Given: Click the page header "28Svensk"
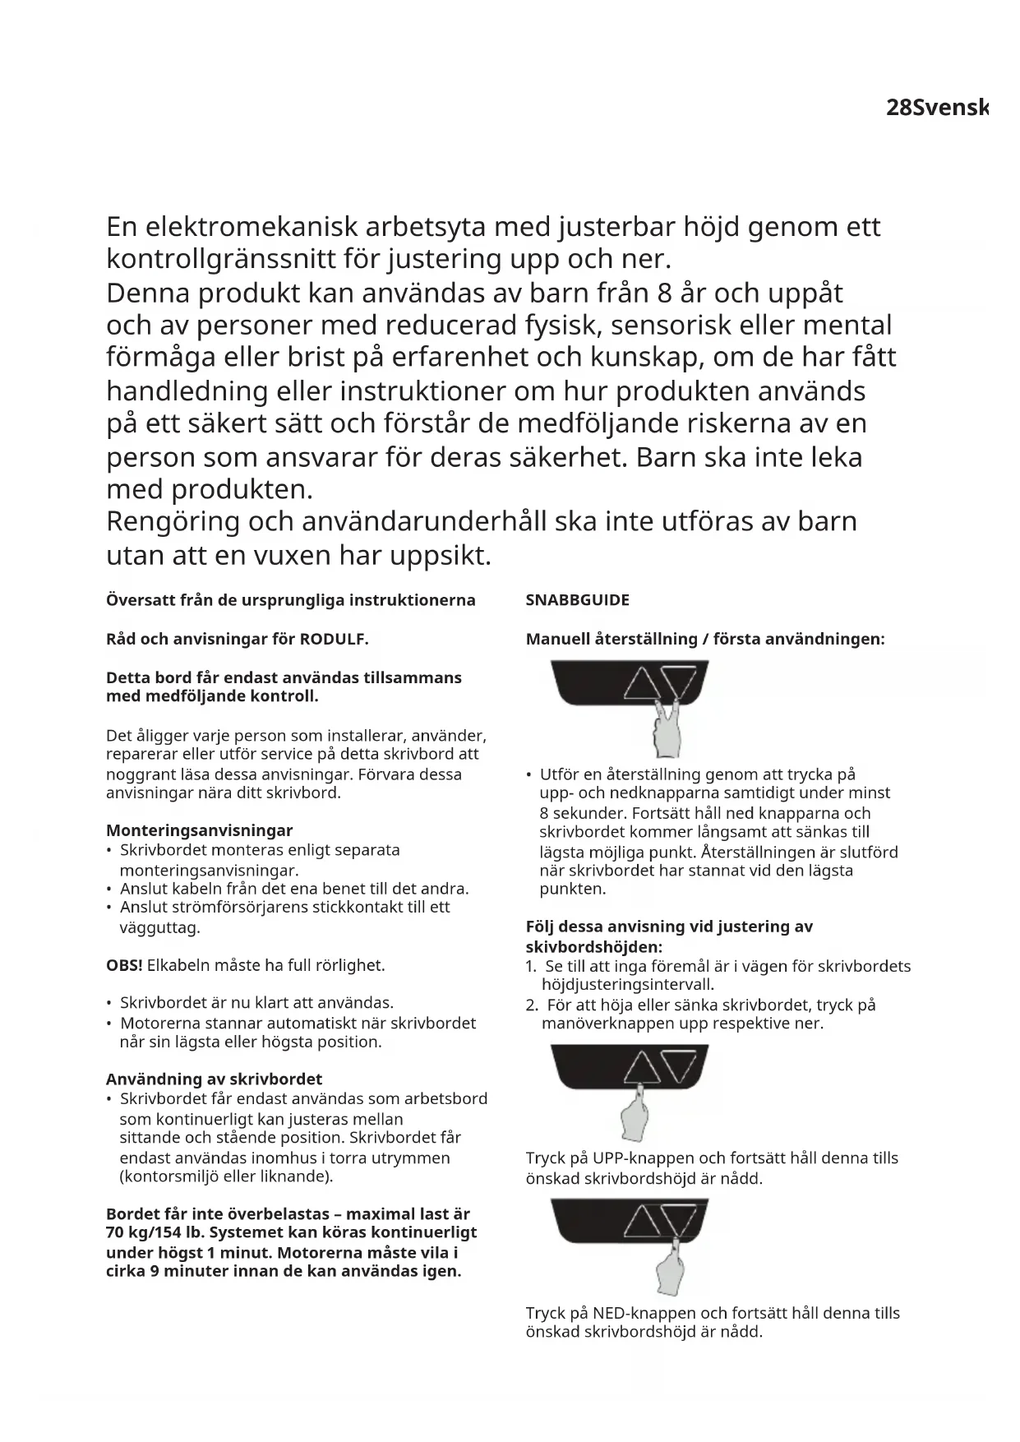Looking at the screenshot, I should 936,108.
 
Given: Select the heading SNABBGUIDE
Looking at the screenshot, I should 577,600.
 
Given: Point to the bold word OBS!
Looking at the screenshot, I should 124,965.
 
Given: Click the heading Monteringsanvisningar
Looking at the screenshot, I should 199,830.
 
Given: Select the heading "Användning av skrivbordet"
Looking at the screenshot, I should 214,1079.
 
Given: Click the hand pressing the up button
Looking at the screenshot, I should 634,1113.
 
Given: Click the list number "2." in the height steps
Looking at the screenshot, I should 531,1005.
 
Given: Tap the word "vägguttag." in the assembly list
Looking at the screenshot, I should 160,928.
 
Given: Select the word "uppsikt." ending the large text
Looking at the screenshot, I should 441,556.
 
